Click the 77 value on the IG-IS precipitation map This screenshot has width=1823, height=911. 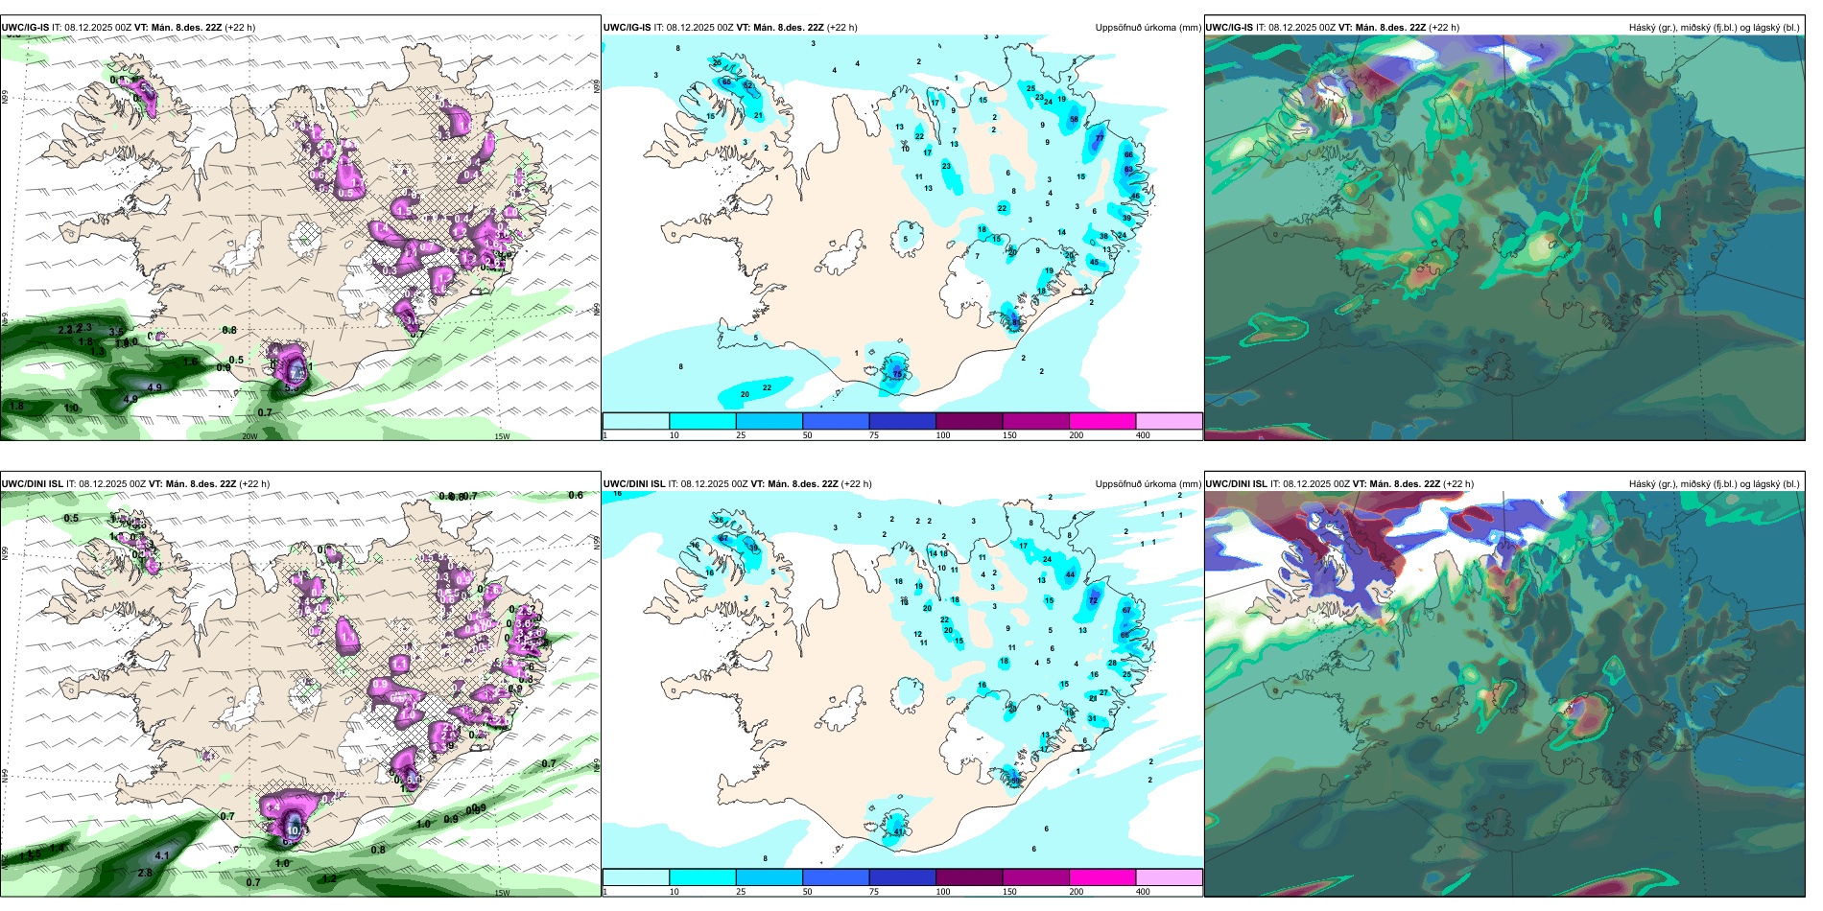click(1099, 138)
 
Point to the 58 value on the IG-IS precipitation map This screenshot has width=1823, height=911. click(1074, 120)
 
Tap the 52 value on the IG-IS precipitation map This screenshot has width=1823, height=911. click(748, 86)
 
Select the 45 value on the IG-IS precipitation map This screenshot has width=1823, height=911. click(1094, 262)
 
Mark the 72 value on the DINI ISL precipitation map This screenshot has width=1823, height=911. click(1093, 600)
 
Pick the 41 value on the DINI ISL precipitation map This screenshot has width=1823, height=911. click(899, 832)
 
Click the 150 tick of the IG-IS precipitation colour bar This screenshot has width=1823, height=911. click(1009, 435)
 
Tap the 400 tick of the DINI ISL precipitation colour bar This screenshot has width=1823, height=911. click(1143, 892)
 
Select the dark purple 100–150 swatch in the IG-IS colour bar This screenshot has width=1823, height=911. click(969, 421)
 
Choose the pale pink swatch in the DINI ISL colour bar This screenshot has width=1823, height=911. click(1169, 877)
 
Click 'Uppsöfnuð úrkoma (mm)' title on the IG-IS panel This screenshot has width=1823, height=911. click(1148, 28)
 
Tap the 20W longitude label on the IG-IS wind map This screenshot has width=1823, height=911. click(249, 436)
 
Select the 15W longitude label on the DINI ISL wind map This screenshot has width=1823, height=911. click(501, 893)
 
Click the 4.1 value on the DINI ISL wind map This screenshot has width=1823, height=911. click(162, 855)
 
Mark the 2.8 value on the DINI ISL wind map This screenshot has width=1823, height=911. click(145, 873)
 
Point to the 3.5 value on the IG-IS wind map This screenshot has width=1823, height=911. click(116, 333)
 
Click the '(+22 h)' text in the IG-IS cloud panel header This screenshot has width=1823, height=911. click(1444, 28)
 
